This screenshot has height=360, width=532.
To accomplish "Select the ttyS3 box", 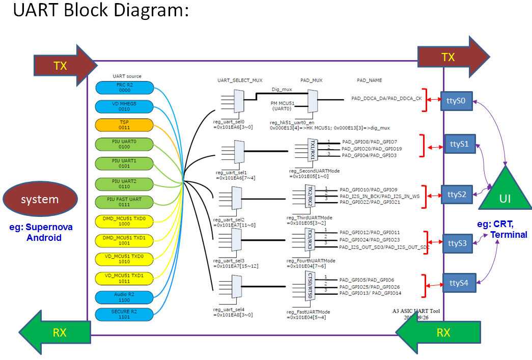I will pos(457,243).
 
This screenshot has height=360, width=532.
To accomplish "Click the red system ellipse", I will pos(40,199).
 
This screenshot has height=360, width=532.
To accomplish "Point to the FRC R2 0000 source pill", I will pos(125,88).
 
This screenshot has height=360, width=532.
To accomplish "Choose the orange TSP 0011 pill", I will pos(125,125).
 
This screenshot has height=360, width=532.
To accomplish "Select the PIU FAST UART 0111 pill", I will pos(125,202).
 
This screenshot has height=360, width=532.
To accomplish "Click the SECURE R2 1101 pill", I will pos(125,316).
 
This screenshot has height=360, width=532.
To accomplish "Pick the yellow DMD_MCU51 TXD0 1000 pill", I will pos(125,221).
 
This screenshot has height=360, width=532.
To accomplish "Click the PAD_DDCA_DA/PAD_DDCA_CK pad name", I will pos(386,98).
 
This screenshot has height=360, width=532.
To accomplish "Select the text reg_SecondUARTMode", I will pos(314,171).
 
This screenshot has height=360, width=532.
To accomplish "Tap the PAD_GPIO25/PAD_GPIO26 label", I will pos(370,287).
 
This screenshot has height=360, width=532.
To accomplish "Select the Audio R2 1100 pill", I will pos(125,297).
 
